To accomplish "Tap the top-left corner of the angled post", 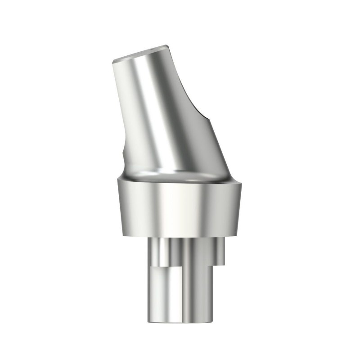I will [112, 61].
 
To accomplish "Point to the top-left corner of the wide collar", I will [115, 180].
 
